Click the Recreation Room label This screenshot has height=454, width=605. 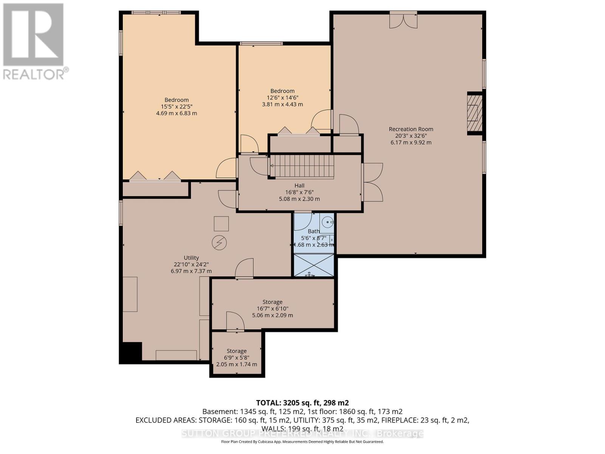coord(411,129)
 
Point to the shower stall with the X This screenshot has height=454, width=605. coord(314,265)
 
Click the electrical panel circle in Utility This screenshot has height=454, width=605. coord(219,243)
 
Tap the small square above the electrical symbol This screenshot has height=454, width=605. coord(221,224)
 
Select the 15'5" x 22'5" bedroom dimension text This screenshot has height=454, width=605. coord(176,107)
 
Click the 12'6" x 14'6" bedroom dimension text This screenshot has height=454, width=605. coord(282,98)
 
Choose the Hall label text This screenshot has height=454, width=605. coord(299,185)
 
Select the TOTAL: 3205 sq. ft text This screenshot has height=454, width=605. coord(302,403)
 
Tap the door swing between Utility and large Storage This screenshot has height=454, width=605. coord(244,269)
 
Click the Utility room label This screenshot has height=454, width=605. coord(191,258)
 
